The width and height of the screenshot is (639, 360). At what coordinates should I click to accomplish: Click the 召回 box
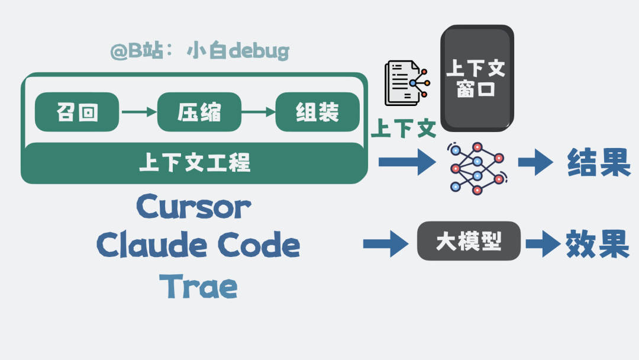(x=77, y=112)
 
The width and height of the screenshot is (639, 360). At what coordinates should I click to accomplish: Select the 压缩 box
(x=199, y=112)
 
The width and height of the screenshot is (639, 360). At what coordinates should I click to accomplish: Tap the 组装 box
(x=317, y=112)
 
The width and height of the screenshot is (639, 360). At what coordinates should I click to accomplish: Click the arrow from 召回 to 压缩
(x=138, y=112)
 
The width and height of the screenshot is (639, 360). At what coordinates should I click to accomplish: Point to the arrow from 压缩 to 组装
(x=259, y=112)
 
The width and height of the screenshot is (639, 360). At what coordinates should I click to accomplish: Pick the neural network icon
(x=477, y=168)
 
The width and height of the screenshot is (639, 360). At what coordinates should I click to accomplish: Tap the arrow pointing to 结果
(x=535, y=162)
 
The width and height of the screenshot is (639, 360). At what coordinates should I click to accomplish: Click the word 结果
(x=598, y=162)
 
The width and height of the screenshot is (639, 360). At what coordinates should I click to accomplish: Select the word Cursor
(x=193, y=207)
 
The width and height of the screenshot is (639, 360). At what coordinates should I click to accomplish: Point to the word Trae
(x=199, y=287)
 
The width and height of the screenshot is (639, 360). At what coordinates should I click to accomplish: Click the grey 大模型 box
(x=469, y=241)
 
